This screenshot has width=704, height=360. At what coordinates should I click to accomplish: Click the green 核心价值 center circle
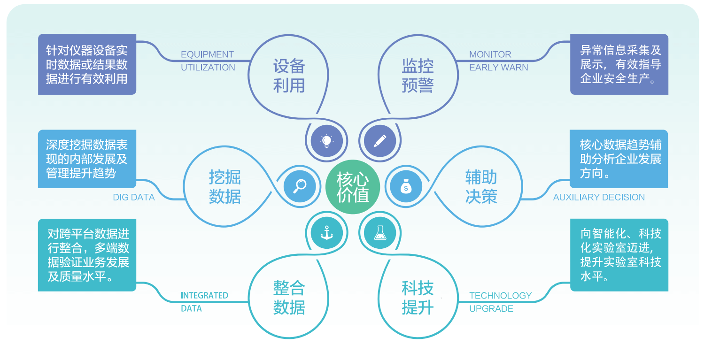[352, 187]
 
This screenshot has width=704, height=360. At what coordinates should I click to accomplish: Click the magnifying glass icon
[300, 186]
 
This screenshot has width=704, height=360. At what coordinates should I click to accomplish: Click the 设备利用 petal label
[289, 76]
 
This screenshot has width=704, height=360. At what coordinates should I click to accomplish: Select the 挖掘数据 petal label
[224, 187]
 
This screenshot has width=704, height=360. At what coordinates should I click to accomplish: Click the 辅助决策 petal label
[481, 187]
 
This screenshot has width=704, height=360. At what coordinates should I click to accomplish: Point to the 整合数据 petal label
[289, 298]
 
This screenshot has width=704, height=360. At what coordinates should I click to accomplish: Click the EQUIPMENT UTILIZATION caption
[208, 61]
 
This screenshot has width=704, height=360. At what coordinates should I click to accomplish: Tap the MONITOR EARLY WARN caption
[498, 61]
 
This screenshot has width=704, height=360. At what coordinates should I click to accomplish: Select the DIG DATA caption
[134, 198]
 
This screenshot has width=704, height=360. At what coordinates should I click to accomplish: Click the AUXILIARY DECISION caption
[599, 198]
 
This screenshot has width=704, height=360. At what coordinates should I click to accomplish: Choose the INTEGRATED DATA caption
[204, 302]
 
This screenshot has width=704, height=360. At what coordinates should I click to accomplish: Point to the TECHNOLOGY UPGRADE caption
[500, 302]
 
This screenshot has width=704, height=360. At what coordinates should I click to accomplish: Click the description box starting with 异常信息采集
[619, 64]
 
